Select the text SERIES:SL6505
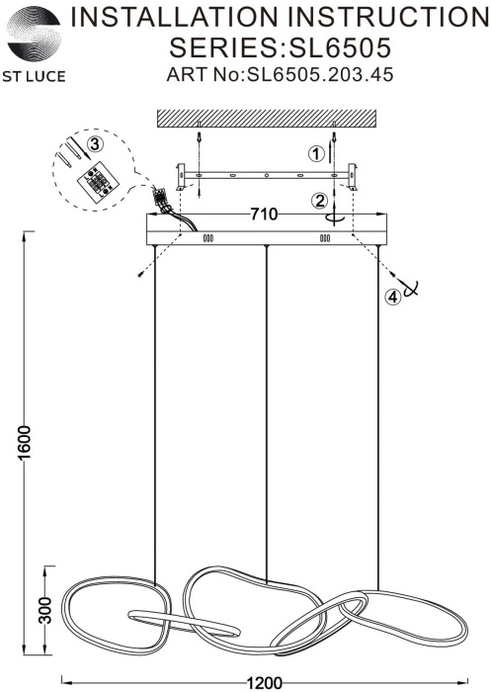pyautogui.click(x=281, y=47)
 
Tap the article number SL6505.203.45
pyautogui.click(x=320, y=74)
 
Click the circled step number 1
pyautogui.click(x=316, y=154)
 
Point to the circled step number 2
pyautogui.click(x=319, y=201)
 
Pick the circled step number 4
pyautogui.click(x=393, y=297)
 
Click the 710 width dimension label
pyautogui.click(x=265, y=215)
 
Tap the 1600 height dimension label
pyautogui.click(x=26, y=442)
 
